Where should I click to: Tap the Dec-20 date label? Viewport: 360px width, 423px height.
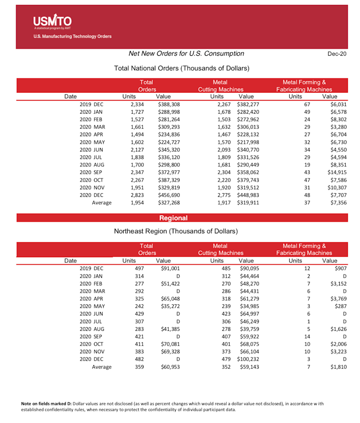coord(337,54)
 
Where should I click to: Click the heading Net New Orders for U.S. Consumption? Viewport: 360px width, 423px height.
coord(186,53)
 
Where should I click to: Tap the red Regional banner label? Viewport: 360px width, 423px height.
coord(173,218)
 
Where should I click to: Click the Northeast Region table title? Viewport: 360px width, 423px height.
coord(176,232)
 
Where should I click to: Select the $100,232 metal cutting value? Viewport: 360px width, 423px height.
coord(245,359)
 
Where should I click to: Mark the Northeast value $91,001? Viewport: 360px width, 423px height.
coord(163,268)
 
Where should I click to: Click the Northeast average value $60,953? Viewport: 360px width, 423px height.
coord(163,367)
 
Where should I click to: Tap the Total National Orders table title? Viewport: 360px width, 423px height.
coord(182,68)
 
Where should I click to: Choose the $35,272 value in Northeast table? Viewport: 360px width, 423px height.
coord(163,306)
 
